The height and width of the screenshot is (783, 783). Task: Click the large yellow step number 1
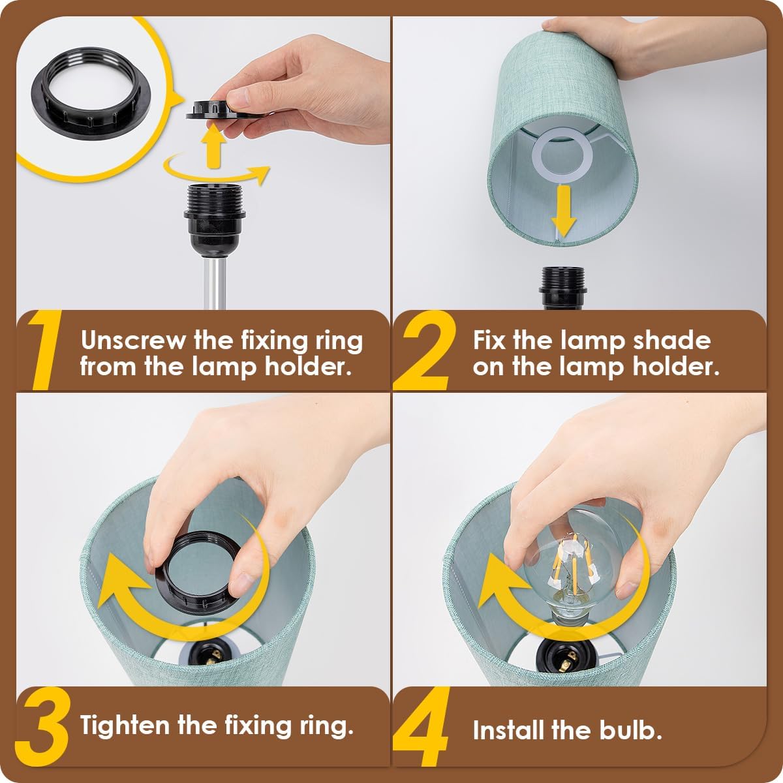(46, 350)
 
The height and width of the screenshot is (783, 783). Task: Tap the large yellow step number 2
(424, 350)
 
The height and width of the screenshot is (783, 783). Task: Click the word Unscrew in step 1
(133, 340)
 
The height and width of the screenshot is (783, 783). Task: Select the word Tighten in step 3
(125, 726)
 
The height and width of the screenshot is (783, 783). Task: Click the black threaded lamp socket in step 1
(214, 220)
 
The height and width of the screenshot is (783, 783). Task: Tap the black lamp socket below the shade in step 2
(563, 288)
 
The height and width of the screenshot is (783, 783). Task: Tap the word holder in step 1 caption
(308, 367)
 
